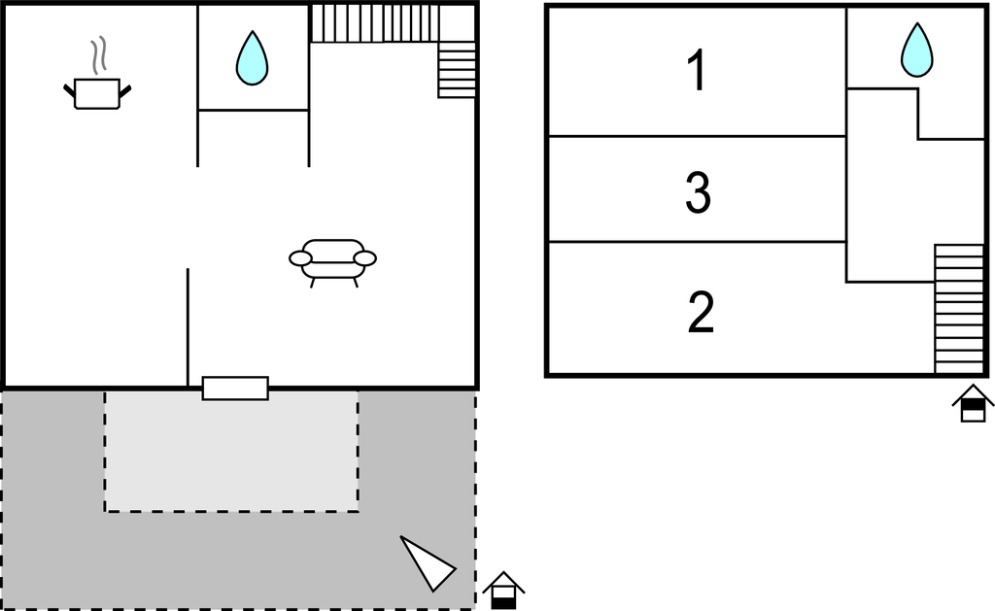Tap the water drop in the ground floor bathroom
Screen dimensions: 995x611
click(x=252, y=59)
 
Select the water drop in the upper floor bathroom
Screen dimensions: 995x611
click(x=917, y=51)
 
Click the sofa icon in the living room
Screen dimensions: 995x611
click(x=332, y=262)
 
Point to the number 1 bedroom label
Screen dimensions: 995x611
click(x=697, y=71)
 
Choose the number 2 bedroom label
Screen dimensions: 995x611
click(x=701, y=312)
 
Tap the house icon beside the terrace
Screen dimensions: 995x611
click(x=503, y=591)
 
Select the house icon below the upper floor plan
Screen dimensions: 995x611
click(x=973, y=403)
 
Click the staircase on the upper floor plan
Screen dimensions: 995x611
click(x=959, y=309)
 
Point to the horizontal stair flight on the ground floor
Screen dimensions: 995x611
click(x=374, y=23)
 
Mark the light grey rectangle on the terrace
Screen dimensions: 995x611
click(x=231, y=451)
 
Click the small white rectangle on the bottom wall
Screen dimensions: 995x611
click(x=235, y=389)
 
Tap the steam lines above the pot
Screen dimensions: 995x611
click(x=98, y=55)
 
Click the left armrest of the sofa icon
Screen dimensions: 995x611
click(x=300, y=258)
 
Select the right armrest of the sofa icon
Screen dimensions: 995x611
click(x=365, y=258)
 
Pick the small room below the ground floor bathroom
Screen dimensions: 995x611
click(x=254, y=138)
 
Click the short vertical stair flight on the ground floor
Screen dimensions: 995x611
click(x=457, y=70)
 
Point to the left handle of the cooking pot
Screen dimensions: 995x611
click(x=69, y=90)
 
